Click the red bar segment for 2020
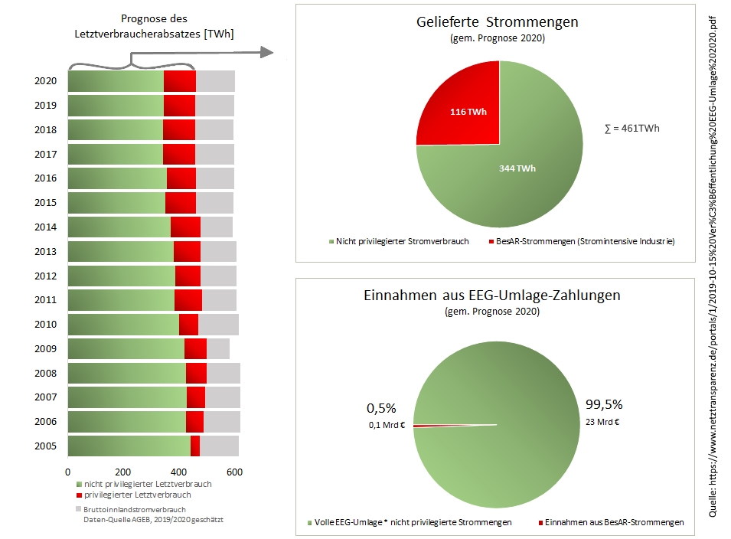click(180, 82)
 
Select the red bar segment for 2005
click(195, 446)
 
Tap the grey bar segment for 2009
click(218, 348)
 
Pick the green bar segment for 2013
click(121, 252)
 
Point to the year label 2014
click(45, 227)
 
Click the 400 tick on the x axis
click(179, 472)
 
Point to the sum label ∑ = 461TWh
click(631, 129)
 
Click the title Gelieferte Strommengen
click(498, 22)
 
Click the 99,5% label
click(604, 405)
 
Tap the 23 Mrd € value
click(602, 420)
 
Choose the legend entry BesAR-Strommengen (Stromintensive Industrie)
click(583, 242)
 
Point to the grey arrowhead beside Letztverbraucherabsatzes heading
click(266, 52)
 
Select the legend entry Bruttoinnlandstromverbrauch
click(135, 509)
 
